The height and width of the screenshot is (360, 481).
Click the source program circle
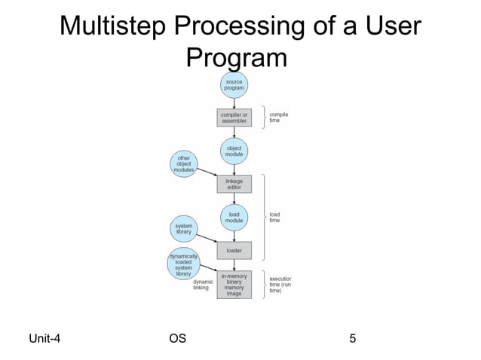234,85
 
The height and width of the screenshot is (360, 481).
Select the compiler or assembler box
234,118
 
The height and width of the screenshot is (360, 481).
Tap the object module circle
234,151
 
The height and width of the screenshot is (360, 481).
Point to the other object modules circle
184,163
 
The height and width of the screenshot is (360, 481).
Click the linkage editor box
234,184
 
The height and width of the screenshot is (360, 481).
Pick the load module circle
234,217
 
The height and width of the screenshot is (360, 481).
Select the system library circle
184,229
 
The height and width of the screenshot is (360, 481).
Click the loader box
234,250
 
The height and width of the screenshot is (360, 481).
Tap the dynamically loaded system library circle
183,264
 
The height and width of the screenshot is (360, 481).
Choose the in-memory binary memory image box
234,284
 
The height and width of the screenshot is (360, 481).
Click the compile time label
279,117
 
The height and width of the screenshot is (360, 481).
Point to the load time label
275,217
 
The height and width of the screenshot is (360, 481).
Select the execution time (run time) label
280,284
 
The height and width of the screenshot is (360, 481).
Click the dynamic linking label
201,284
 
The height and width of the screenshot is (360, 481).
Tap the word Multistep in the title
114,27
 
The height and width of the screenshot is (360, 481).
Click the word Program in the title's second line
237,58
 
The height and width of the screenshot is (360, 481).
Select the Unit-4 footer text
44,338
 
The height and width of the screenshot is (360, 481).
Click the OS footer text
178,338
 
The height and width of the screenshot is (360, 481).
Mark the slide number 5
352,338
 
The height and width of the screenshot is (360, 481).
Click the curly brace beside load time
263,217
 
